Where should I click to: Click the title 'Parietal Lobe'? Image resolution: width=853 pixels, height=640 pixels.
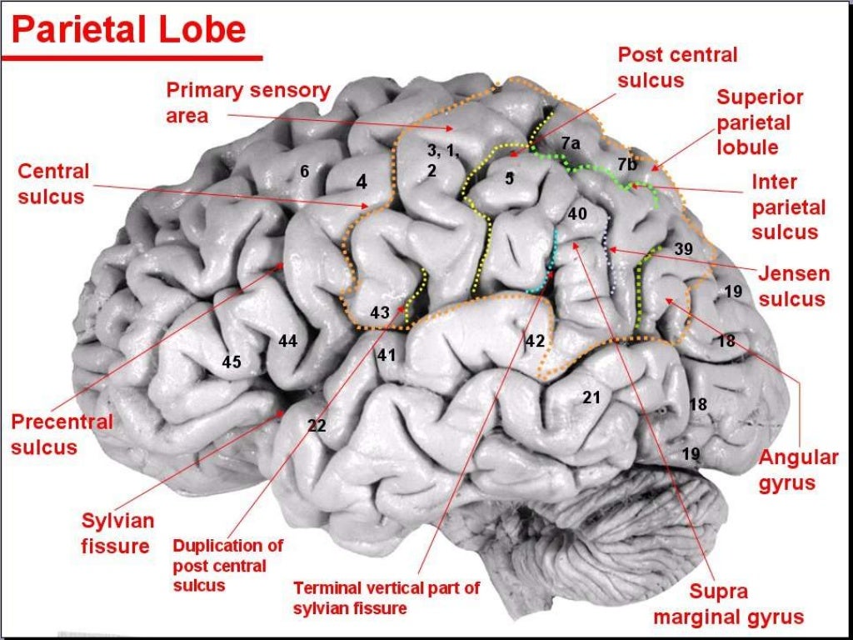(128, 31)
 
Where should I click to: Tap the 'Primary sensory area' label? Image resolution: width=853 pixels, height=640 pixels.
(247, 102)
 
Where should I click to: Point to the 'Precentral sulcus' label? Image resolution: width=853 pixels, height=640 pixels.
(61, 434)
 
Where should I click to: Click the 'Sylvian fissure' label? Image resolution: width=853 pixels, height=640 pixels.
(117, 533)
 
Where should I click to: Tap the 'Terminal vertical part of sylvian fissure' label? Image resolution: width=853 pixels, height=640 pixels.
(386, 597)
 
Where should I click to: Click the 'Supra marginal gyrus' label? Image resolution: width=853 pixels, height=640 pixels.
(728, 604)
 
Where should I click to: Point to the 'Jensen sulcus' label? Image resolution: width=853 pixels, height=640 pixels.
(792, 286)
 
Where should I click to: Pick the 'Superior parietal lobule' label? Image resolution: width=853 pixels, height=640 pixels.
(760, 122)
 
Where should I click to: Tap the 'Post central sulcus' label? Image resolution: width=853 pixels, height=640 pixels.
(676, 67)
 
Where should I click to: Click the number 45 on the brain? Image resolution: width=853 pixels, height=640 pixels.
(232, 362)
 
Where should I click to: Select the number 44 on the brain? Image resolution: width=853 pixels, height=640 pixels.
(287, 341)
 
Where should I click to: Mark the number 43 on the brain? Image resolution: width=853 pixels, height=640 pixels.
(379, 313)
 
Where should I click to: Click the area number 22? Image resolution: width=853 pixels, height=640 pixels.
(316, 425)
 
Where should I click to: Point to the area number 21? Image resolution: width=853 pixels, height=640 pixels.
(591, 397)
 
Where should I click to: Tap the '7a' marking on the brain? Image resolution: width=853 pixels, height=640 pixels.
(570, 143)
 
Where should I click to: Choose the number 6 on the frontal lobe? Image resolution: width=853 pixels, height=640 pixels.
(305, 172)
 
